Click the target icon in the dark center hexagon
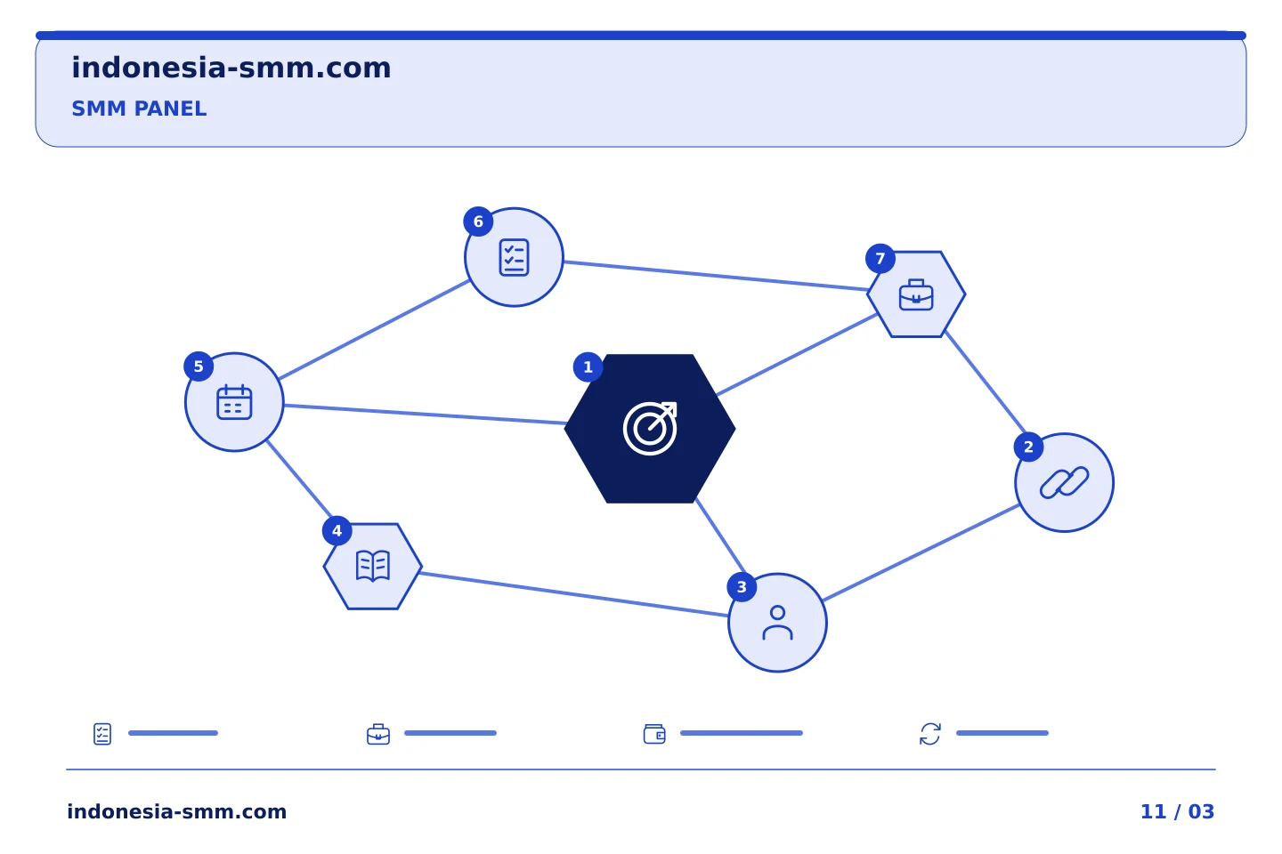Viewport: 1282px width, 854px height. (x=650, y=429)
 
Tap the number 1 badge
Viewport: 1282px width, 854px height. (x=588, y=367)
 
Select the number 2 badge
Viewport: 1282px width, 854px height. (x=1028, y=447)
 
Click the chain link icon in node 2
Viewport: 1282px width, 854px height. (x=1065, y=483)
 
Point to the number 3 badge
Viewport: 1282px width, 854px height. (x=742, y=587)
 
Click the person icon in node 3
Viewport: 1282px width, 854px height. (x=778, y=623)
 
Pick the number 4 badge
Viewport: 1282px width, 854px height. (x=337, y=531)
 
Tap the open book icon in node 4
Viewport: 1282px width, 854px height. (x=373, y=567)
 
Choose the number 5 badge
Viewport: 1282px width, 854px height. (x=199, y=367)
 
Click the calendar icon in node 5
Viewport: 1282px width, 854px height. (x=235, y=402)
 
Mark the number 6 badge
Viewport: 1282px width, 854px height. (x=478, y=222)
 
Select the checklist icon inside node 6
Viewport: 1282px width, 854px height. (x=514, y=257)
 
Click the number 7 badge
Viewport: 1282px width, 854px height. (x=880, y=259)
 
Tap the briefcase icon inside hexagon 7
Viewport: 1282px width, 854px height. (x=916, y=294)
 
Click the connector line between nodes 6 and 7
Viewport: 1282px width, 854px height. (x=716, y=276)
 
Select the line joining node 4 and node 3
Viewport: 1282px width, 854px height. (x=574, y=594)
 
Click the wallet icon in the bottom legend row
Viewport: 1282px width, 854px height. (x=654, y=734)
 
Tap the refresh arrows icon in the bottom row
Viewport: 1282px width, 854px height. (x=930, y=734)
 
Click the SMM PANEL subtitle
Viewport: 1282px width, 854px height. (x=139, y=109)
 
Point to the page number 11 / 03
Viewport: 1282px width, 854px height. (x=1177, y=811)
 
